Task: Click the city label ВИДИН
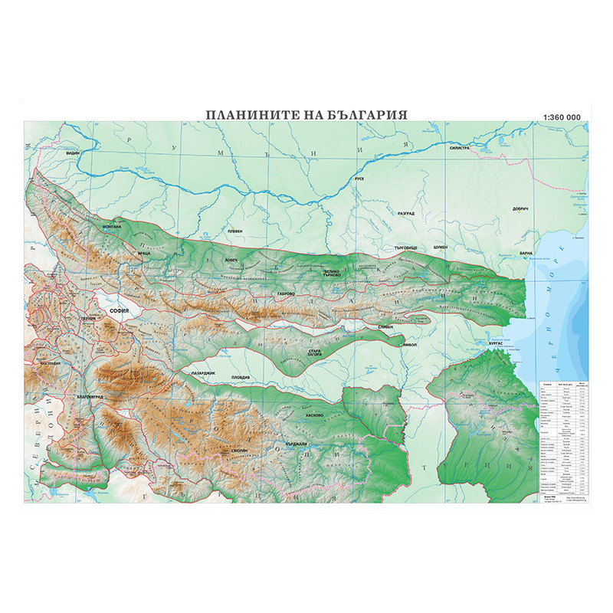(73, 153)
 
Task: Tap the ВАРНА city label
(526, 252)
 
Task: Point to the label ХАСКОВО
(315, 415)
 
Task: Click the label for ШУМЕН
(442, 248)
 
